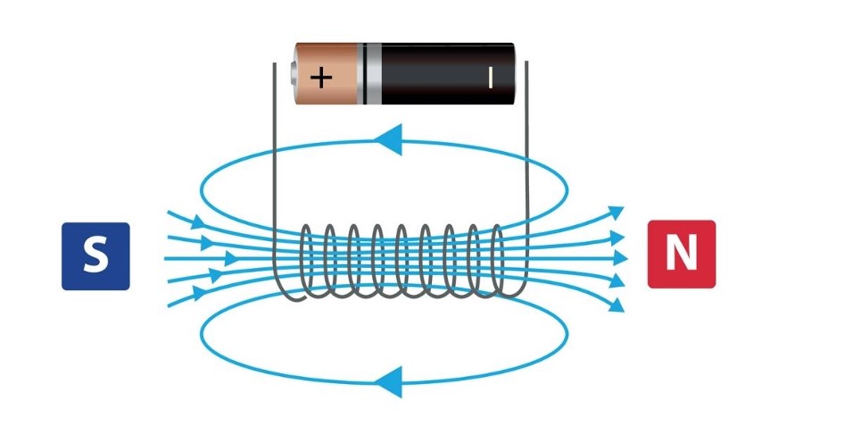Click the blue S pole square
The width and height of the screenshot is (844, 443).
(x=95, y=256)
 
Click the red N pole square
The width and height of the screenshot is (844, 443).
(x=681, y=254)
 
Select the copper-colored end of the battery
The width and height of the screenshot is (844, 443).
(x=330, y=73)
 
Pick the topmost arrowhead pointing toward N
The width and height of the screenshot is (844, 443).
(x=616, y=213)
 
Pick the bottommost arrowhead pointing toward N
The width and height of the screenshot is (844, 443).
(x=616, y=305)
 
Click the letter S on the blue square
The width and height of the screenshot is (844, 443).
(x=95, y=256)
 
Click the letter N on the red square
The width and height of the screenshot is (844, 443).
(x=681, y=254)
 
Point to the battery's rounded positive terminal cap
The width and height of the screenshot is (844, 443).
(x=294, y=73)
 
